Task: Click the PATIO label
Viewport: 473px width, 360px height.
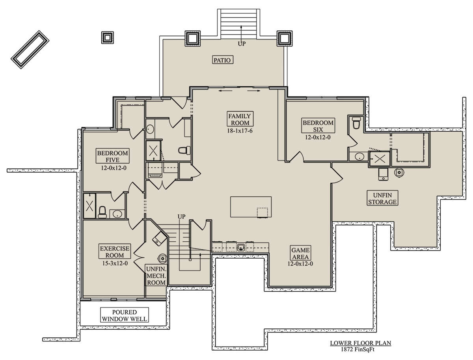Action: (x=222, y=60)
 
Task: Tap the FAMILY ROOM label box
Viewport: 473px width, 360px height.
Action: (x=240, y=119)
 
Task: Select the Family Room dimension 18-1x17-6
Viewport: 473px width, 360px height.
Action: (x=240, y=131)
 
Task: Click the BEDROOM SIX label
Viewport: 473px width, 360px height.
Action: (x=318, y=126)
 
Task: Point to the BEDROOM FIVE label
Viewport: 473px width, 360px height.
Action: (x=112, y=156)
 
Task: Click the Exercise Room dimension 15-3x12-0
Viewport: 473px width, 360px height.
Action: (x=115, y=263)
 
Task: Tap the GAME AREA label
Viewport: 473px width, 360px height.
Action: (x=300, y=253)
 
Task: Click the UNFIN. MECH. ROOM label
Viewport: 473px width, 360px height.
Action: (x=156, y=276)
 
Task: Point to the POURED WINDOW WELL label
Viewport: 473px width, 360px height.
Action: (x=125, y=315)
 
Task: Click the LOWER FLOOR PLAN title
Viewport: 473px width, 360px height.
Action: (x=361, y=343)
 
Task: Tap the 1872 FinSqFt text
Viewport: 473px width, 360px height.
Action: (x=358, y=349)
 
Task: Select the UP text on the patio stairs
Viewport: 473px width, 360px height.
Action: (x=242, y=43)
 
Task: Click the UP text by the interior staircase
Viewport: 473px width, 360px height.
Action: (x=181, y=216)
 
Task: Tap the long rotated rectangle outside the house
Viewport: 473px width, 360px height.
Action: (x=30, y=50)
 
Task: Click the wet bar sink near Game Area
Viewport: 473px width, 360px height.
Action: (x=241, y=247)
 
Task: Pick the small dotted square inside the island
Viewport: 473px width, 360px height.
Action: (x=262, y=213)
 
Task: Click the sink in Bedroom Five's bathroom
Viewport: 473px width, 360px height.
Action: (x=117, y=214)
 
